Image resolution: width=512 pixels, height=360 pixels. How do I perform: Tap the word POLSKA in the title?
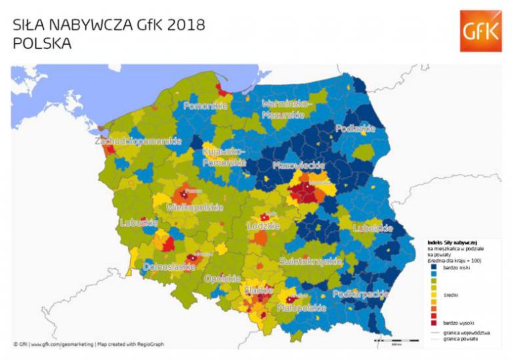coord(42,43)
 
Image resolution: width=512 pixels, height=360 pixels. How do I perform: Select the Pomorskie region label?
coord(206,106)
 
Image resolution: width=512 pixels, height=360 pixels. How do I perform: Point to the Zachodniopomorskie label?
coord(139,141)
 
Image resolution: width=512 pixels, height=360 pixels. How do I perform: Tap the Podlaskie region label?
coord(355,129)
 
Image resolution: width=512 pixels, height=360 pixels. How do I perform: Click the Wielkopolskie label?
coord(194,208)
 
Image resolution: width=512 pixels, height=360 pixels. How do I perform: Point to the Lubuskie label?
coord(138,223)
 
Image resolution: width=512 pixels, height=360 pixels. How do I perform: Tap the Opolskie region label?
coord(222,278)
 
